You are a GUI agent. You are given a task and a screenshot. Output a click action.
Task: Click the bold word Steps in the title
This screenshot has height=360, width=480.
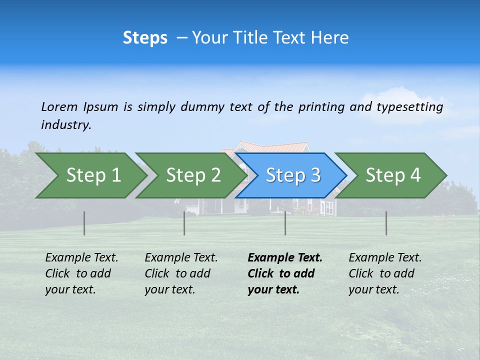click(145, 37)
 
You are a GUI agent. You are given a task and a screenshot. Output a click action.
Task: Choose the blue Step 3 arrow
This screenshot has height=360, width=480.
click(293, 175)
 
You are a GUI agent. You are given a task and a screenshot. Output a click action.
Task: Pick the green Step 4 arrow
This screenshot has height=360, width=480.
click(393, 175)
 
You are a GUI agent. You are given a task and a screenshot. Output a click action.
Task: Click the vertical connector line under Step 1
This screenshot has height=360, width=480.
click(84, 223)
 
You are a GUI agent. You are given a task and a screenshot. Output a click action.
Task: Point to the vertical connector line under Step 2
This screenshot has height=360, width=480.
click(184, 223)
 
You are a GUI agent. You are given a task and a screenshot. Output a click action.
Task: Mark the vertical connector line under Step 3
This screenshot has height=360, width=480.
click(285, 223)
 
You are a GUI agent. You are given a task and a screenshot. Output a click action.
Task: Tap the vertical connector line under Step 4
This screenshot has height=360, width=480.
click(386, 223)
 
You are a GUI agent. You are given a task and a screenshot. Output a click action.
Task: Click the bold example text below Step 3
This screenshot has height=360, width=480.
click(284, 273)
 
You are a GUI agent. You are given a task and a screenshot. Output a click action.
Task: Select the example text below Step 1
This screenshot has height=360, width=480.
click(81, 273)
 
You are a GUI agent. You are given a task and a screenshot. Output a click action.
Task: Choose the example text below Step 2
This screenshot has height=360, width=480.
click(181, 273)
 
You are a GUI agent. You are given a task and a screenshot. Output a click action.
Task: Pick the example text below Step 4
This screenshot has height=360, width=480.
click(385, 273)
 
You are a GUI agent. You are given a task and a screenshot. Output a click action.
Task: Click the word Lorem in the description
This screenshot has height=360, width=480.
click(59, 107)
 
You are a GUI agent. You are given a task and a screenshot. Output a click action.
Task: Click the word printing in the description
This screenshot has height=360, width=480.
click(321, 107)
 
